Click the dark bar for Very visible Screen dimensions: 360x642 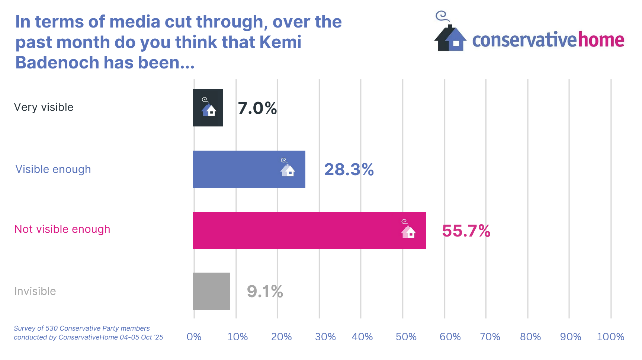tap(208, 108)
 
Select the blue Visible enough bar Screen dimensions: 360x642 tap(249, 169)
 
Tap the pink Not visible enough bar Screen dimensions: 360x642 tap(309, 231)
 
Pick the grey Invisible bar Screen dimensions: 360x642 tap(211, 291)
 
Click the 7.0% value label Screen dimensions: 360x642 tap(257, 108)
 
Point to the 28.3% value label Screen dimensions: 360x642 tap(349, 170)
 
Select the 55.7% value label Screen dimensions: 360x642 tap(466, 231)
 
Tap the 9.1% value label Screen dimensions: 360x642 tap(265, 292)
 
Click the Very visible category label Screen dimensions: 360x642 tap(44, 107)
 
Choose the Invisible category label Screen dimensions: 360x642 tap(35, 291)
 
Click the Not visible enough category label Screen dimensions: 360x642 tap(62, 229)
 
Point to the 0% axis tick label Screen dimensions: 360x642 tap(194, 337)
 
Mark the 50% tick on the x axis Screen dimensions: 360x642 tap(406, 337)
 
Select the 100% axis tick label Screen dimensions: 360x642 tap(610, 337)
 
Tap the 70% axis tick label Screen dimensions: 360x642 tap(490, 337)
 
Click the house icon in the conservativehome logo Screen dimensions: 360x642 tap(450, 37)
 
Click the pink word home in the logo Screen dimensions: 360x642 tap(601, 40)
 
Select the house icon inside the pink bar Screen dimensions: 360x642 tap(408, 230)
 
